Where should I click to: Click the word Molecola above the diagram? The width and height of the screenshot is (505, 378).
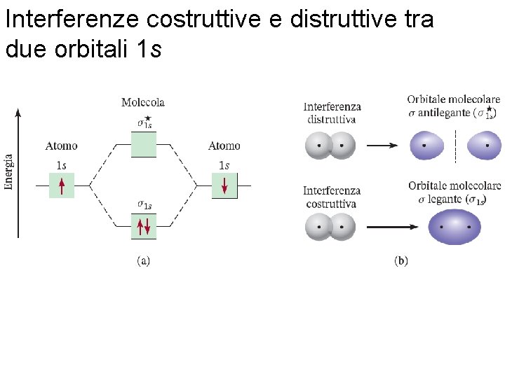click(x=143, y=102)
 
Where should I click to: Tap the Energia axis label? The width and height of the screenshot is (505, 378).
click(x=9, y=171)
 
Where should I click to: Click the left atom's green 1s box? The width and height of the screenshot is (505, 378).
click(x=62, y=185)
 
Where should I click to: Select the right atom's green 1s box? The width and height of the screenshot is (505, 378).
click(x=224, y=185)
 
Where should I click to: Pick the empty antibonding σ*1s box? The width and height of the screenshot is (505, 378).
click(x=143, y=143)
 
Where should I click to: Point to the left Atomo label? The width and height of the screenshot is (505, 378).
click(x=62, y=146)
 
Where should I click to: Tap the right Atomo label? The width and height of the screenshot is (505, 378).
click(x=224, y=146)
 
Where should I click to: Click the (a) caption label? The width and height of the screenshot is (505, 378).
click(x=143, y=261)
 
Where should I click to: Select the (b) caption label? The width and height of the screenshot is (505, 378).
click(x=401, y=261)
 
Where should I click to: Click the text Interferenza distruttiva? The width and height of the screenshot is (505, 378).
click(x=332, y=113)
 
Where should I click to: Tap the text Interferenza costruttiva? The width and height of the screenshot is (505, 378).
click(x=332, y=197)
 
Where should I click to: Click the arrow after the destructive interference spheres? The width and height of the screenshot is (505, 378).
click(x=383, y=146)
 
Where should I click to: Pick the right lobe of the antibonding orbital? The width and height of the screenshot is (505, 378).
click(x=483, y=146)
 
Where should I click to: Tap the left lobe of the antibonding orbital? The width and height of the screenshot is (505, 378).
click(x=428, y=146)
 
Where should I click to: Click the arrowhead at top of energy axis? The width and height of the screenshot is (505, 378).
click(x=18, y=111)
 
